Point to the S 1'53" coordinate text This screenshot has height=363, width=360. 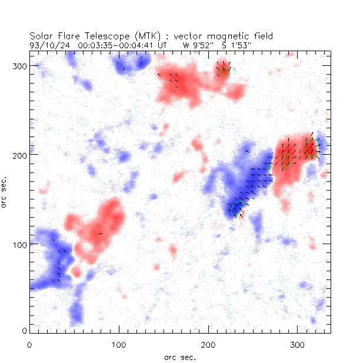pyautogui.click(x=232, y=44)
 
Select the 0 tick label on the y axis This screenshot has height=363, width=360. pyautogui.click(x=23, y=332)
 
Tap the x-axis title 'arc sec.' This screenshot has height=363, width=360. pyautogui.click(x=180, y=357)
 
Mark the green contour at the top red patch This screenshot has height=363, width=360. pyautogui.click(x=225, y=71)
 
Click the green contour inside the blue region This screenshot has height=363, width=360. pyautogui.click(x=237, y=207)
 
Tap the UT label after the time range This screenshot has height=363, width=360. pyautogui.click(x=162, y=44)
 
